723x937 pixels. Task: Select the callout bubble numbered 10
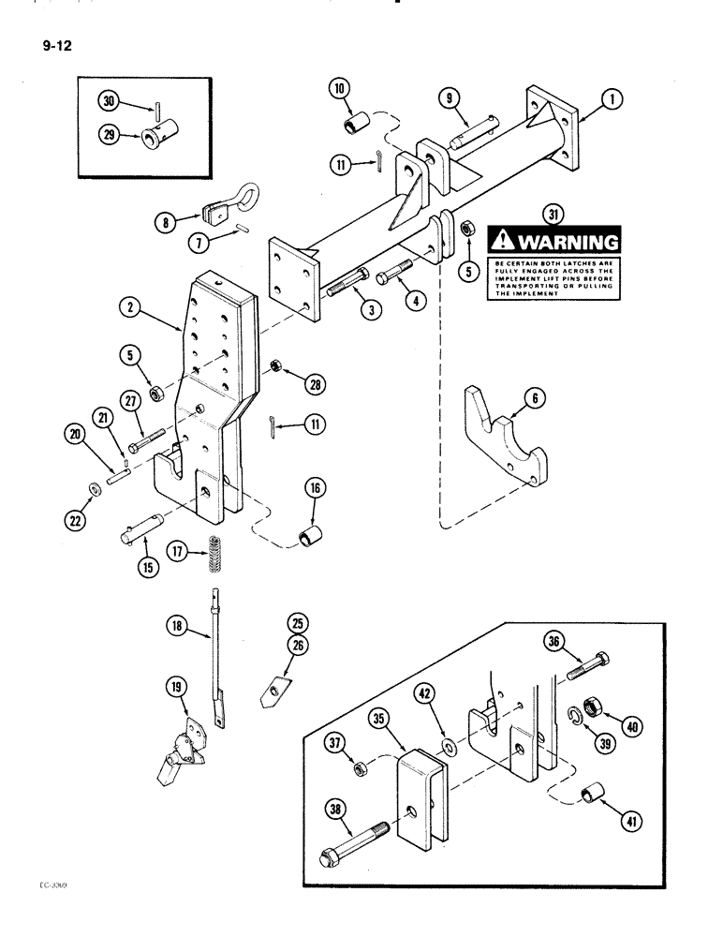point(339,90)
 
